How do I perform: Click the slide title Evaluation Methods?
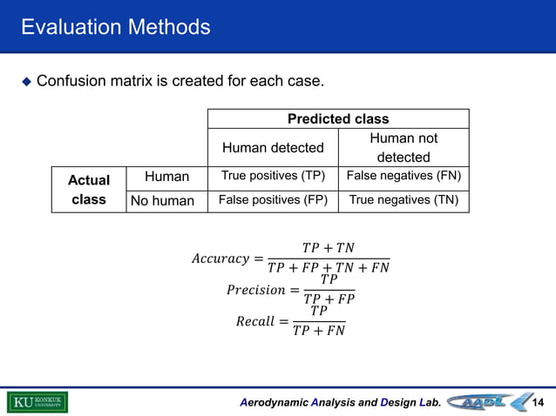116,27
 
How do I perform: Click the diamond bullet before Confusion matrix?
26,82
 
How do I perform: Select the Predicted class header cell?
338,118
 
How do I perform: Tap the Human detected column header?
273,148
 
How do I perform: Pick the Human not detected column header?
403,148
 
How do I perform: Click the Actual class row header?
89,190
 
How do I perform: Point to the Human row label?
166,177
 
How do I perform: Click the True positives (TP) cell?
273,177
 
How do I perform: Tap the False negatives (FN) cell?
403,177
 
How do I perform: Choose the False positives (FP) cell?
273,201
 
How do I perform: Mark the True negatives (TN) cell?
403,201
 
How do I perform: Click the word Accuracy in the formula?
220,259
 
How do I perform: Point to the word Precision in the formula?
255,290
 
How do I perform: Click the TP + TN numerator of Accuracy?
328,249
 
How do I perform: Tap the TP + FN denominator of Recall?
319,331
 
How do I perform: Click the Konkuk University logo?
37,402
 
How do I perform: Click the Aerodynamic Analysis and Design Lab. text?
341,403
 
